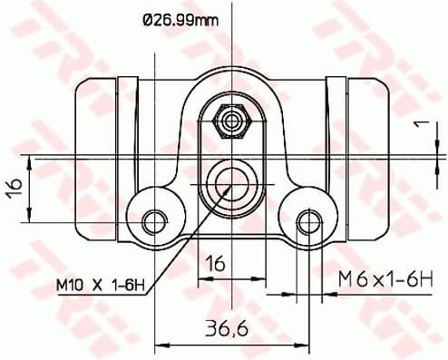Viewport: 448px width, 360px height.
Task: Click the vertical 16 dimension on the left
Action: point(14,190)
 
